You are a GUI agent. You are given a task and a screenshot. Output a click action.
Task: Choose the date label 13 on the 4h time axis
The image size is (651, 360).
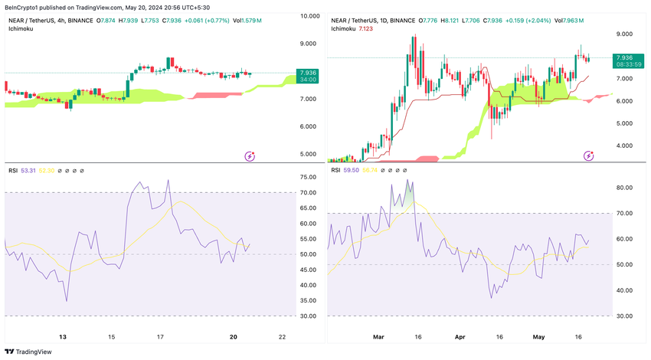pyautogui.click(x=64, y=337)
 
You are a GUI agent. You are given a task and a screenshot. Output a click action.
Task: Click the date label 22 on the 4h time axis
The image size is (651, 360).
pyautogui.click(x=283, y=337)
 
